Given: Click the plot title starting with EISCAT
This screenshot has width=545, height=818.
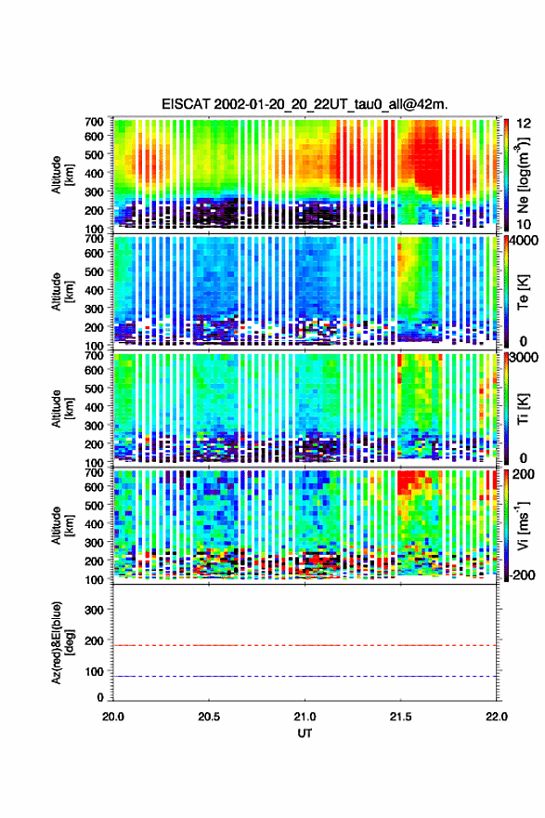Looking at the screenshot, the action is [x=305, y=104].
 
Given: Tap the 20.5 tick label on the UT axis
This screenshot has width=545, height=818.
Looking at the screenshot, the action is [x=209, y=717].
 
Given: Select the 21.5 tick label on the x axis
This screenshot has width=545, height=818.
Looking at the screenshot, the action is [x=401, y=717].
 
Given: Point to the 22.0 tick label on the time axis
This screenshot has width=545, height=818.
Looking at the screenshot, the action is [x=496, y=717].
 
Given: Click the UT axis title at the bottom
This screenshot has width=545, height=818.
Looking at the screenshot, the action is [x=305, y=733].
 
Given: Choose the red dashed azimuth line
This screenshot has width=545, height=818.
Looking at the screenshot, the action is [x=305, y=645].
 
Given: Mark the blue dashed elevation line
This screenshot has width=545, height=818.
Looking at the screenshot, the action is [x=305, y=676].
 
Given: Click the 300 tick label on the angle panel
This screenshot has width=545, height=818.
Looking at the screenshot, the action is [x=94, y=610].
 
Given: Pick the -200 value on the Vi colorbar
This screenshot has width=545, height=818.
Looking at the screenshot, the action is [x=521, y=574].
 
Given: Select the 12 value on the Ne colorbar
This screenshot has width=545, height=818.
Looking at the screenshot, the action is [x=525, y=124].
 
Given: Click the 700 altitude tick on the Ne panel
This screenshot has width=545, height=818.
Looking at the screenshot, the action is [x=94, y=122].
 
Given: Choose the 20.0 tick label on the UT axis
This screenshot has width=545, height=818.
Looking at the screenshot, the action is [x=113, y=717].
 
